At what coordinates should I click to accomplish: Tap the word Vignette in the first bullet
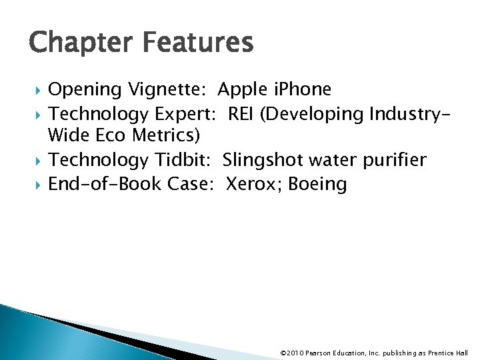point(171,89)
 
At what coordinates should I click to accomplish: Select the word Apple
point(242,89)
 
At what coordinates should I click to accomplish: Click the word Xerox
point(254,183)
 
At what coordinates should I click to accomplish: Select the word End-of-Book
point(105,183)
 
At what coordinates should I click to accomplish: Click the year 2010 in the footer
point(295,353)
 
